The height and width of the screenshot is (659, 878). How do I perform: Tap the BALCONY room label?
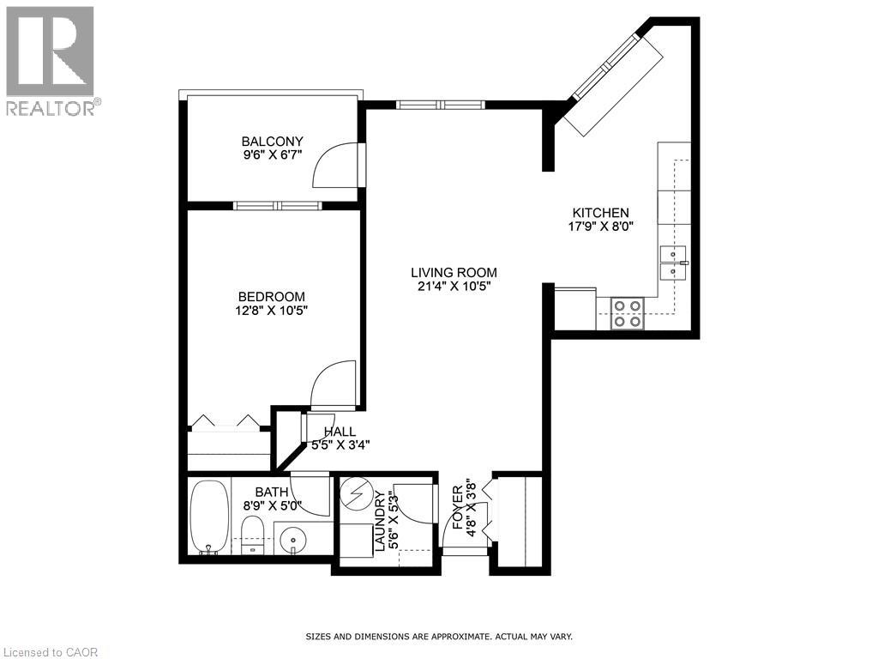click(x=272, y=142)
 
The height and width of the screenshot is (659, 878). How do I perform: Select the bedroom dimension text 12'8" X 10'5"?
click(x=272, y=311)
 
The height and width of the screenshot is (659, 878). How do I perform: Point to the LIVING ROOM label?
click(x=454, y=273)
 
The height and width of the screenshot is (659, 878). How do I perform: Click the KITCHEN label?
click(x=601, y=213)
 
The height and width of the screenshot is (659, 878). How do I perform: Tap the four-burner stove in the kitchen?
click(x=627, y=313)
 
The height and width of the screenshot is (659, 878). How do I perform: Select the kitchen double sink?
click(x=673, y=262)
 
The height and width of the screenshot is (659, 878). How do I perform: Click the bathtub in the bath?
click(x=208, y=517)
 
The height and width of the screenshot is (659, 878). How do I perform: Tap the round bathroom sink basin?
click(x=294, y=541)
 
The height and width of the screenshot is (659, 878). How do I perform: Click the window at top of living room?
click(x=441, y=105)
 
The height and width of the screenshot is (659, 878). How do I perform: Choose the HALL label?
click(x=340, y=432)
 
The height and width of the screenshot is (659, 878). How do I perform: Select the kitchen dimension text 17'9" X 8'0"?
click(x=601, y=227)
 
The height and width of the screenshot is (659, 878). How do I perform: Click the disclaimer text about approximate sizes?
click(x=439, y=637)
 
